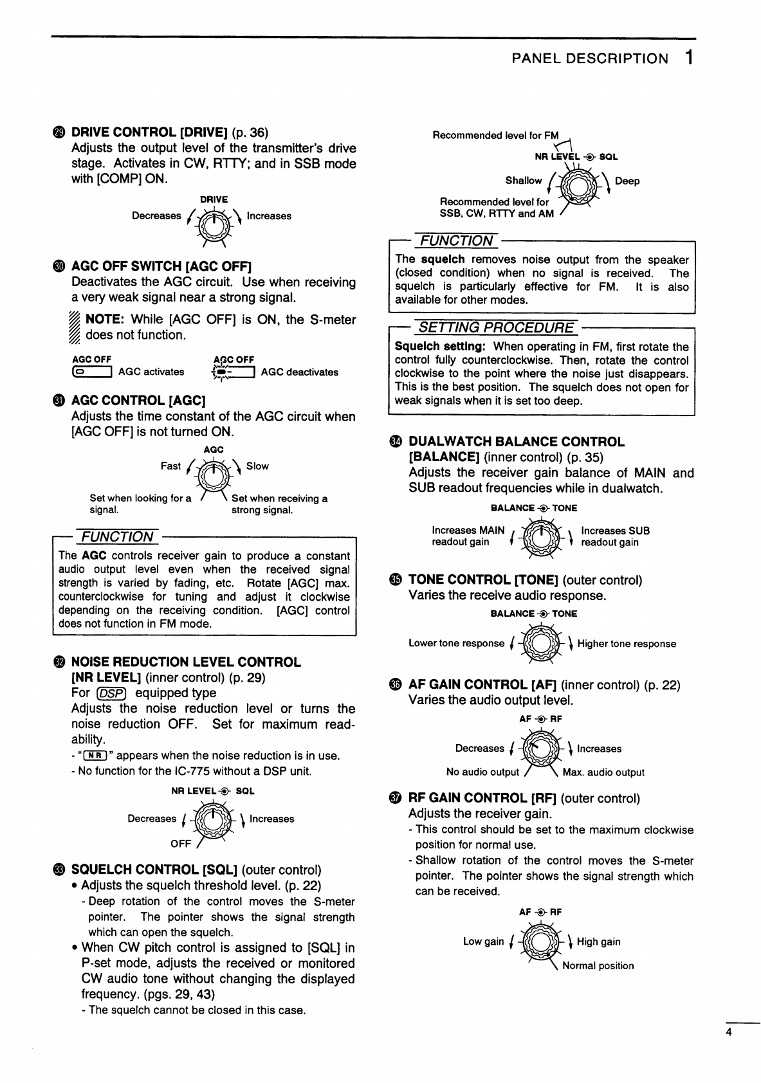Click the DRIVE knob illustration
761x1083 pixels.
pos(214,225)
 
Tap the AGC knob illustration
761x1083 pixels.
pos(213,475)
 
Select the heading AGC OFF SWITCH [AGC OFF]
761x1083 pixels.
pos(161,266)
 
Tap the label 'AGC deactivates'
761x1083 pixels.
pos(299,372)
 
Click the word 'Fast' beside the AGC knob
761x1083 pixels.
pos(170,466)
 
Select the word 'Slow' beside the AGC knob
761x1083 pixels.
pos(257,466)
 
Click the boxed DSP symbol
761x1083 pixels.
pos(112,693)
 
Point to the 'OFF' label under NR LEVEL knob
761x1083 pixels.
pos(181,844)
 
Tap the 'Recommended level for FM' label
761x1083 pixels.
pos(495,136)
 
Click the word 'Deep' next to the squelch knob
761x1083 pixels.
pos(627,181)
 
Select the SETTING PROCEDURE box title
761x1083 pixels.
pos(496,328)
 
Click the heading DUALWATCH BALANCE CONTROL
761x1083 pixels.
pos(517,442)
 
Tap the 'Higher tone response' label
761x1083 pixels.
pos(627,644)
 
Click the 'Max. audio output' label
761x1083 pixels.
pos(603,772)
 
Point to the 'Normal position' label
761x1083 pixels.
pos(598,966)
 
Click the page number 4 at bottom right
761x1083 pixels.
pos(729,1033)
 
